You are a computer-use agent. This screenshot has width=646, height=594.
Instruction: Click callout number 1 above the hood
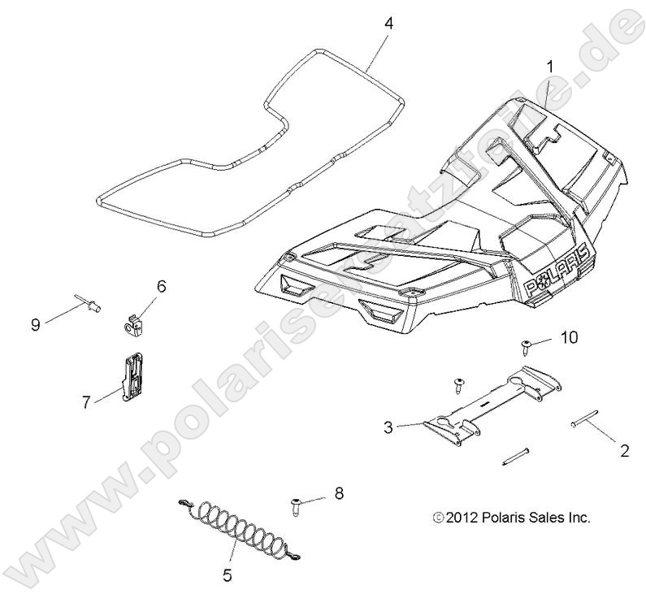tap(550, 66)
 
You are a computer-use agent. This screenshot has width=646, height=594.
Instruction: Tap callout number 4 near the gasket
tap(388, 24)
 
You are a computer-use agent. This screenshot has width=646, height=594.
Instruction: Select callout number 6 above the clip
tap(161, 285)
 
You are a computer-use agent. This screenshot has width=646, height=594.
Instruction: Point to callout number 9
tap(36, 323)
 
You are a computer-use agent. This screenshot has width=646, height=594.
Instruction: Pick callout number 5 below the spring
tap(227, 576)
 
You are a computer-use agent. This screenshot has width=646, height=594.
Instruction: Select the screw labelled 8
tap(295, 508)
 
